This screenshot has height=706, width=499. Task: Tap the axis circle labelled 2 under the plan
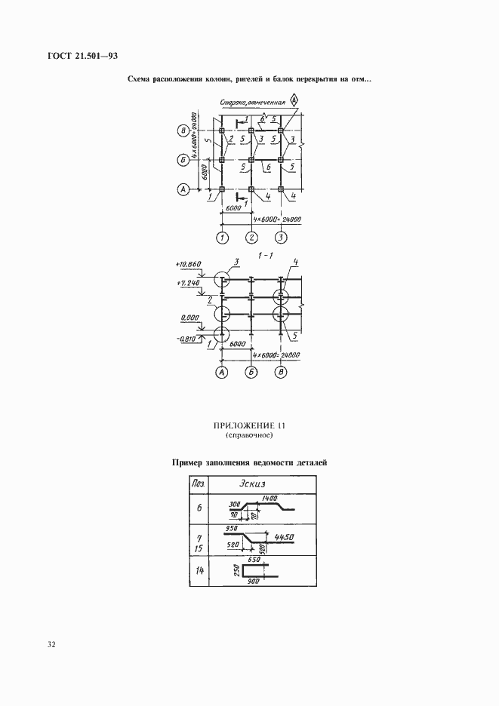point(251,239)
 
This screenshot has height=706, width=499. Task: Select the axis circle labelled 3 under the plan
point(281,239)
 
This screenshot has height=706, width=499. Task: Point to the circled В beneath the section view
point(282,372)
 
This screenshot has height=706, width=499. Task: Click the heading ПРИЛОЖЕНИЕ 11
point(248,425)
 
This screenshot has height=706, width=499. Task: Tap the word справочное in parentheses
point(248,436)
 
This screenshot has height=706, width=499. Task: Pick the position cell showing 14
point(199,571)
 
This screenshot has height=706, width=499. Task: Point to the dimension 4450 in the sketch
point(283,537)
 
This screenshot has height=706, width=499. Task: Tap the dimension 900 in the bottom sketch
point(253,582)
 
